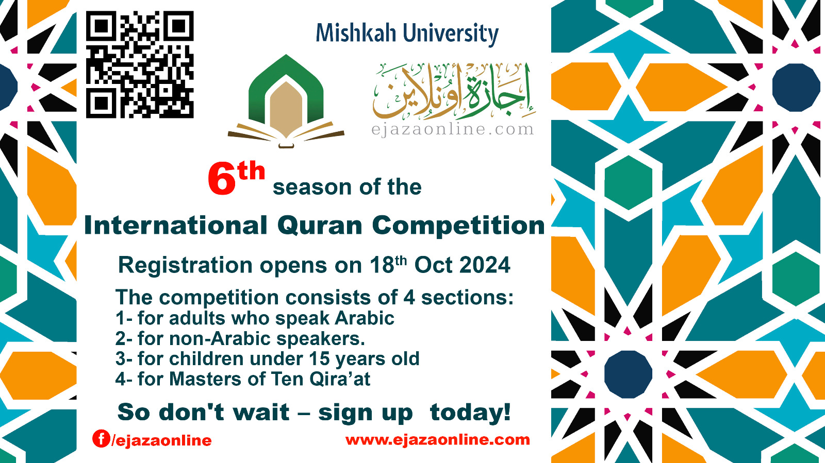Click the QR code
tap(139, 65)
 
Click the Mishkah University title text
tap(407, 33)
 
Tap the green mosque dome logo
tap(286, 100)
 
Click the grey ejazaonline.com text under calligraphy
tap(452, 129)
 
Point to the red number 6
tap(222, 179)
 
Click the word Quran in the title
tap(320, 226)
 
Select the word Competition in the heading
tap(458, 226)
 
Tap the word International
tap(175, 226)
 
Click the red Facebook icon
tap(101, 438)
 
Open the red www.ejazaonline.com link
tap(437, 439)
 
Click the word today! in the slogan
tap(470, 413)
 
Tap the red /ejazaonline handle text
tap(162, 440)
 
